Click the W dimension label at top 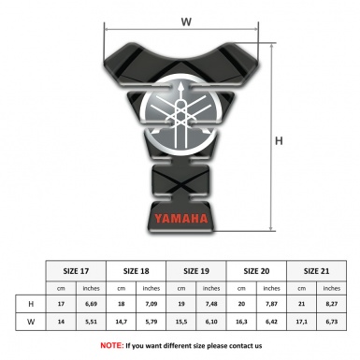(x=185, y=20)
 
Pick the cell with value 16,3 (x=242, y=322)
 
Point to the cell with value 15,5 (x=181, y=322)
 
